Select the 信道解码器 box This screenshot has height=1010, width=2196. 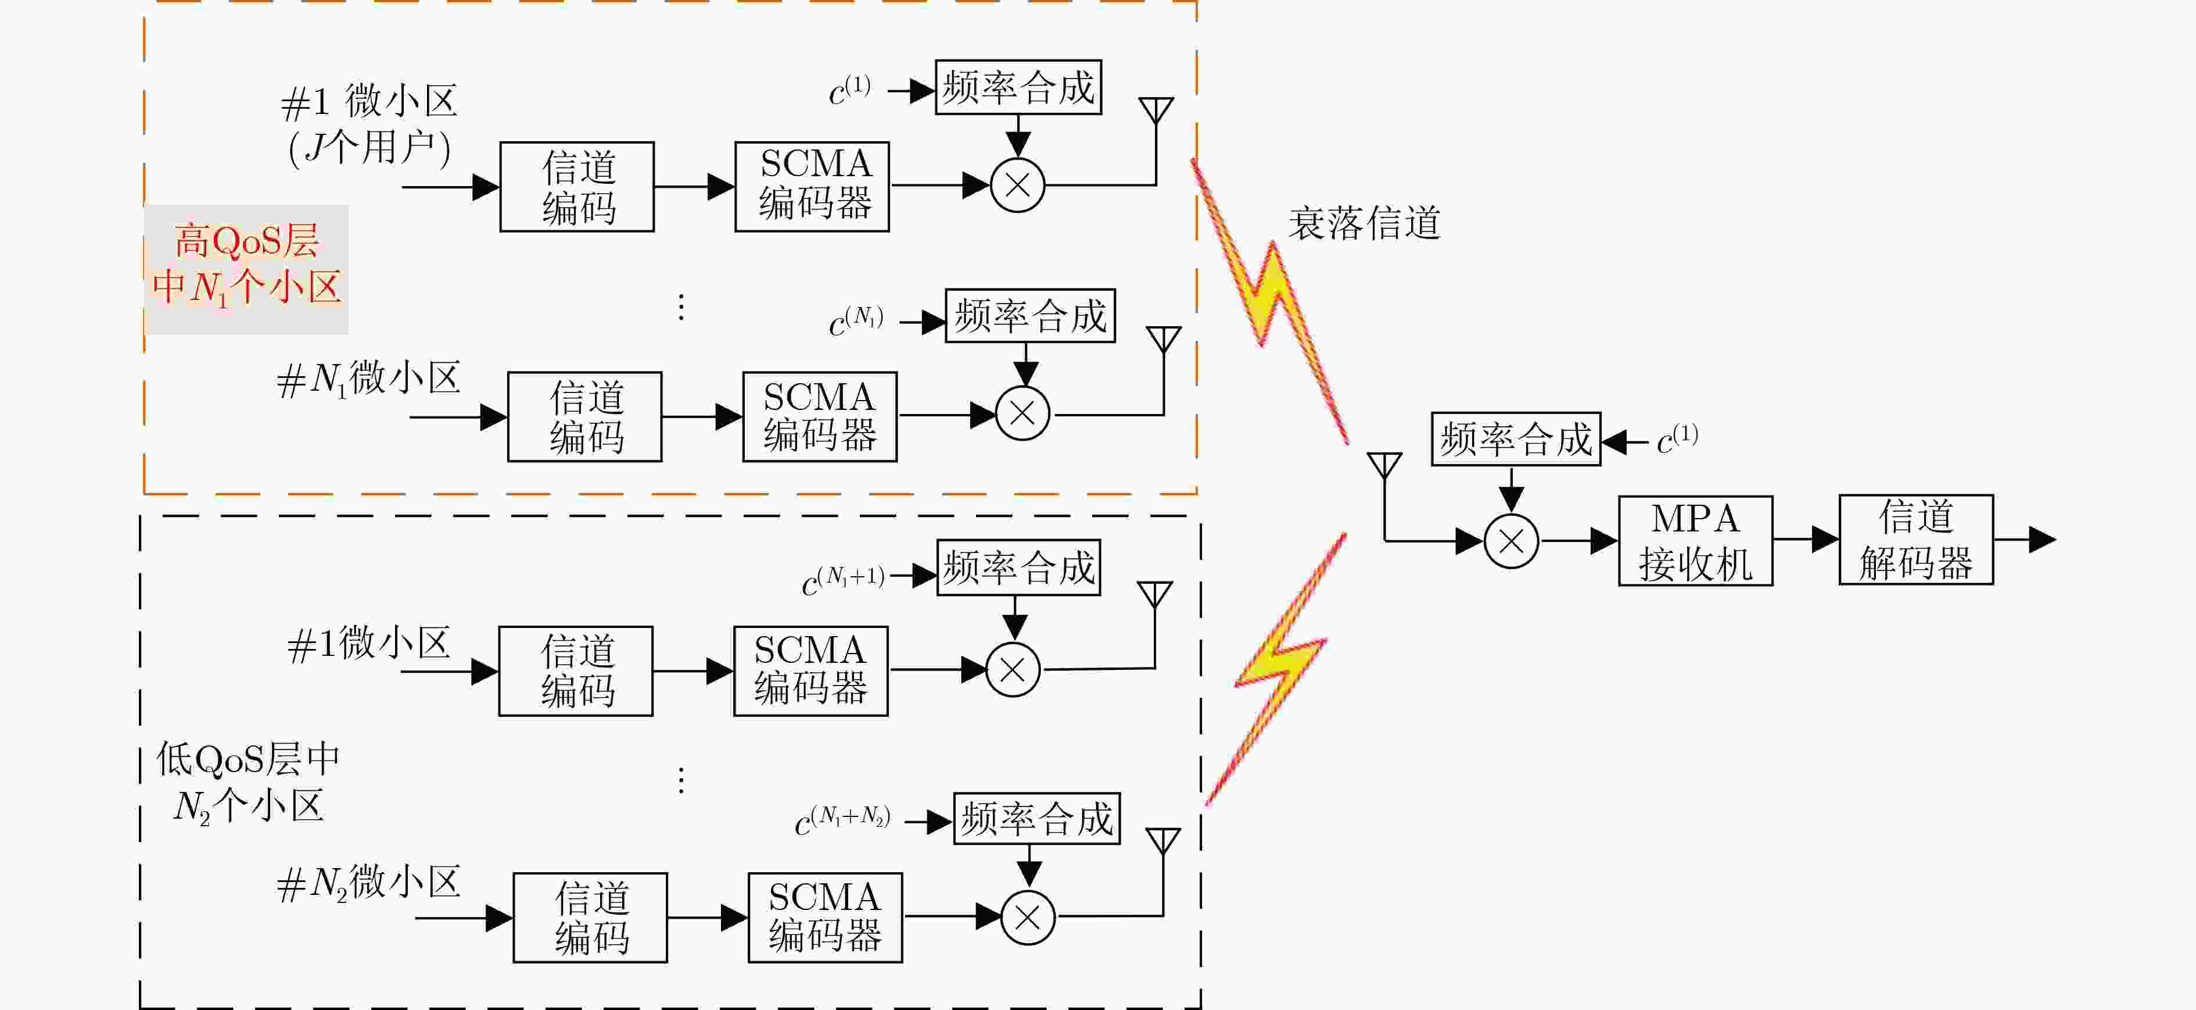1915,539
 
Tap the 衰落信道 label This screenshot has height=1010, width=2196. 1364,223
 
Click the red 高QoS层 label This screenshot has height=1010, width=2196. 246,241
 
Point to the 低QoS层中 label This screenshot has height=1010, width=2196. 248,758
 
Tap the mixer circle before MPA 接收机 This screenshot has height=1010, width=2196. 1512,541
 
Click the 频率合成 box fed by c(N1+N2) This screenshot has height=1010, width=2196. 1036,819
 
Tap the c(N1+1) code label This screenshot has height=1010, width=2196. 843,580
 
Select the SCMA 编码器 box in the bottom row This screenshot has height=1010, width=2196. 825,918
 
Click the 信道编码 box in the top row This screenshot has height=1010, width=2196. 577,187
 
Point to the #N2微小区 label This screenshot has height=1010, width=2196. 368,883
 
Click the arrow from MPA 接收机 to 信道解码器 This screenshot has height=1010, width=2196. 1806,539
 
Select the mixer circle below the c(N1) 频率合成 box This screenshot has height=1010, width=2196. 1022,414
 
